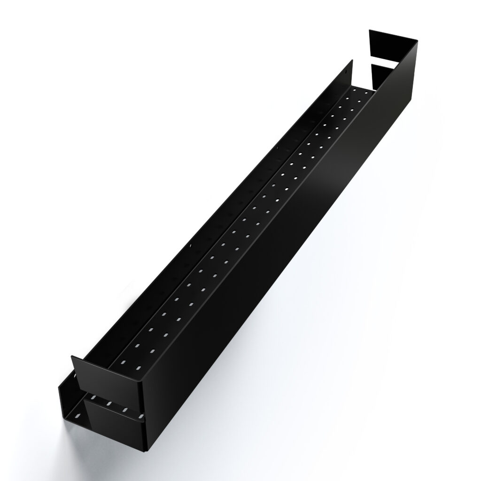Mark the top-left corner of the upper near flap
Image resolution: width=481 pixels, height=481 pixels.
[71, 357]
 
